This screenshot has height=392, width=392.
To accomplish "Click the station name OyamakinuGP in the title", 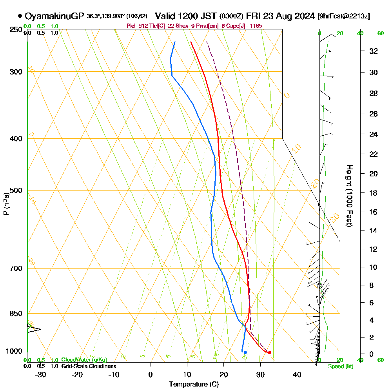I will [x=54, y=16].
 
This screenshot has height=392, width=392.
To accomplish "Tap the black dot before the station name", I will [x=20, y=16].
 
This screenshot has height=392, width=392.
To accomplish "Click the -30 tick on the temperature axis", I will [x=41, y=374].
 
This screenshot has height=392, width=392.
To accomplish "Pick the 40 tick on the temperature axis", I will [x=297, y=374].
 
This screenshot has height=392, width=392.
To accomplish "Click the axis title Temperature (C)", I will [x=193, y=385].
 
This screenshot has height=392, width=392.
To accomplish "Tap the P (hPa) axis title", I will [x=6, y=204].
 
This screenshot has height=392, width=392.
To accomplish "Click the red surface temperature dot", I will [x=269, y=352].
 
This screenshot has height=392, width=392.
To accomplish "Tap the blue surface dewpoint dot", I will [x=245, y=352].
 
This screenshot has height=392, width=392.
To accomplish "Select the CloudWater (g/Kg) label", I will [x=84, y=360].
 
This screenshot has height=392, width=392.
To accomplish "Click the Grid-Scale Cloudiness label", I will [x=89, y=366].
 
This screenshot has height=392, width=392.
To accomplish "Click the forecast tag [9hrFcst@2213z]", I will [x=344, y=16].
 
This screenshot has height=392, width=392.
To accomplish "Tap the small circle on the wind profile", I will [x=319, y=286].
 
